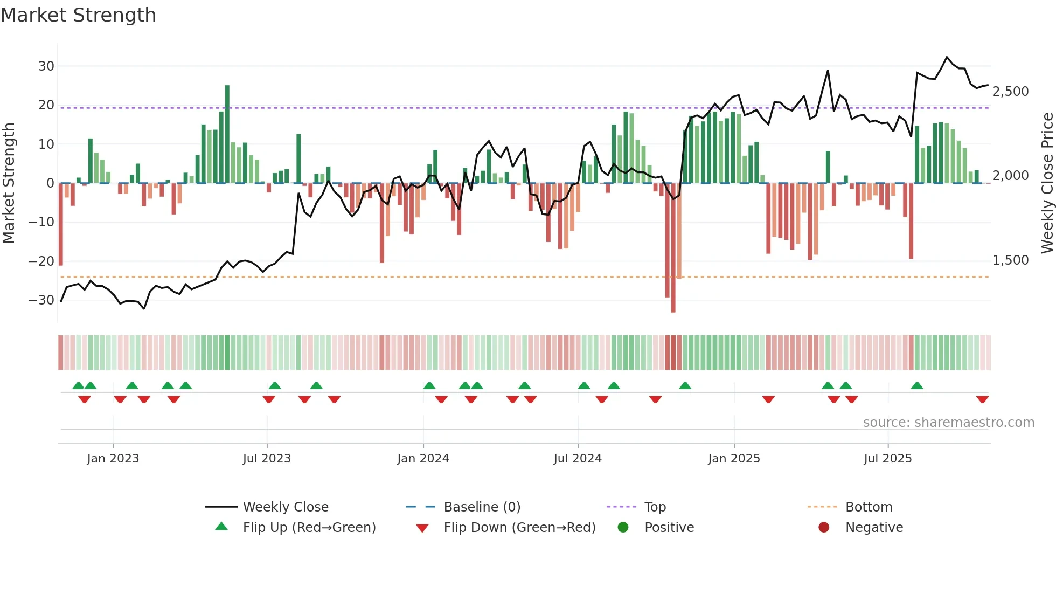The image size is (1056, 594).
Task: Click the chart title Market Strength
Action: [x=79, y=15]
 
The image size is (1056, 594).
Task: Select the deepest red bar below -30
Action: [x=673, y=248]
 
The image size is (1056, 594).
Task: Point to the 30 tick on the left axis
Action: [x=46, y=66]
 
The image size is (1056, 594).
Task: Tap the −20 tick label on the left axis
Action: [x=41, y=261]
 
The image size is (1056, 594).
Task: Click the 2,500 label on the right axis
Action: [x=1010, y=92]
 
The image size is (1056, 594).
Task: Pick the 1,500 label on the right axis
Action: [x=1010, y=260]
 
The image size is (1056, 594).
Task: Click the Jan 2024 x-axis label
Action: [x=423, y=459]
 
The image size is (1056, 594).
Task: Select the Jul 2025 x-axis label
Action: [x=887, y=459]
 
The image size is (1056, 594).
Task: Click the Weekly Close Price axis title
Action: [x=1047, y=183]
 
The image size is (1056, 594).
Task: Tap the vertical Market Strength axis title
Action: [x=9, y=183]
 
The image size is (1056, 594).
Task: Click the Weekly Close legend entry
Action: [x=285, y=507]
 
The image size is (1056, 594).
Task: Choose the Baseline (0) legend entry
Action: [x=482, y=507]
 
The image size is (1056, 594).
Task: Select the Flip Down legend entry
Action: [x=519, y=528]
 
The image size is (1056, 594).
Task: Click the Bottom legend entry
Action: [x=869, y=507]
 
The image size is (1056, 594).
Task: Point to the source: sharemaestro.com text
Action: [x=948, y=423]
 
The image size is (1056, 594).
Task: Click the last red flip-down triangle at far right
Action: [x=982, y=399]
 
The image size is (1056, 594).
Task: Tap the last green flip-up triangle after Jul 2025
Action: [x=917, y=386]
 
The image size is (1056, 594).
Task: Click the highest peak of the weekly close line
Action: [x=947, y=57]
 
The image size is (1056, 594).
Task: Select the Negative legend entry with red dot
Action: [x=873, y=528]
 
